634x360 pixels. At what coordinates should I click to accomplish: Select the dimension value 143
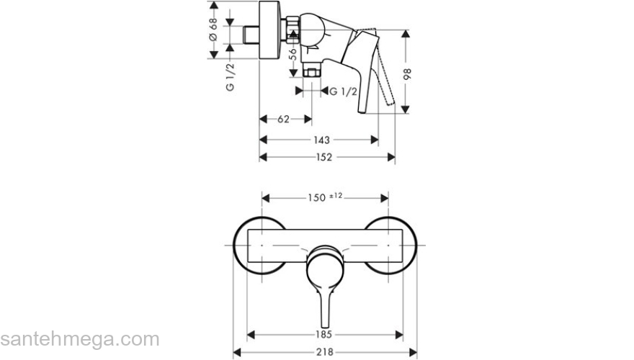(321, 140)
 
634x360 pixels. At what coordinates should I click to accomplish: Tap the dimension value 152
(323, 158)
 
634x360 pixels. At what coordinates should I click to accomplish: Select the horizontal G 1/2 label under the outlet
(344, 91)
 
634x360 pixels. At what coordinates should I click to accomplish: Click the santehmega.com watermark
(79, 339)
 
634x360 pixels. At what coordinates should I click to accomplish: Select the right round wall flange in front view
(398, 246)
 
